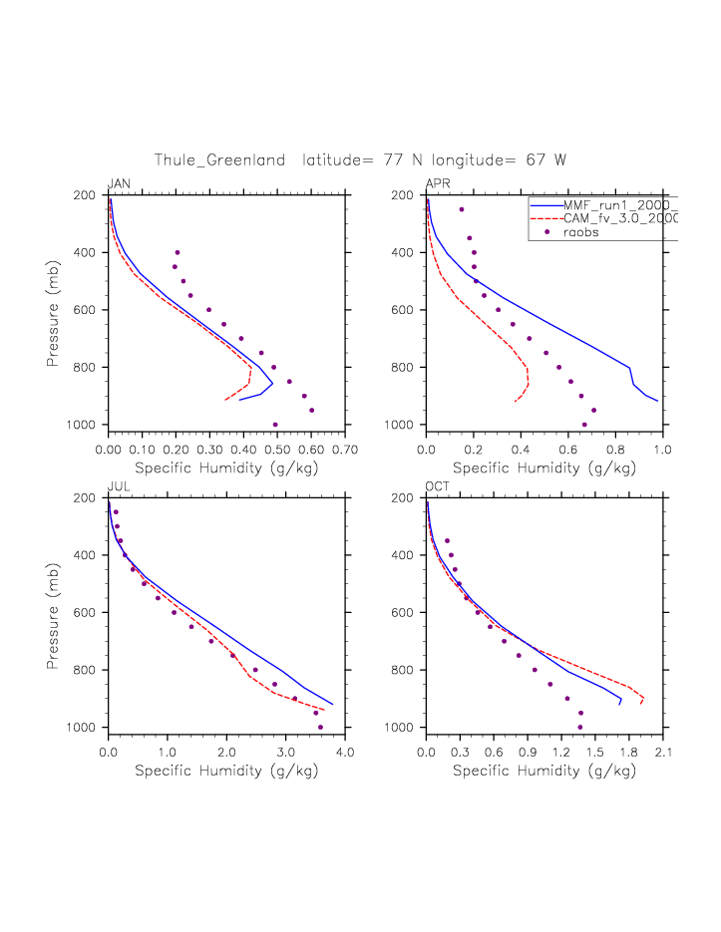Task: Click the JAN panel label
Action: tap(119, 183)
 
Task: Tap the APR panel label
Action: tap(438, 183)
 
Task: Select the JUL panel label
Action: tap(118, 486)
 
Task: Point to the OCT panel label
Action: tap(438, 486)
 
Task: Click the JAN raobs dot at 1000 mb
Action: tap(275, 425)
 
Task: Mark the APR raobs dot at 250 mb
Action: tap(462, 209)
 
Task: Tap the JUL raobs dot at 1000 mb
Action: tap(320, 728)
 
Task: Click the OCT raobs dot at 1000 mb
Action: tap(580, 728)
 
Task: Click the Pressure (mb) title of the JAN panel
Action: tap(52, 310)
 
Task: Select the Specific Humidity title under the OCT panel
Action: tap(544, 771)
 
